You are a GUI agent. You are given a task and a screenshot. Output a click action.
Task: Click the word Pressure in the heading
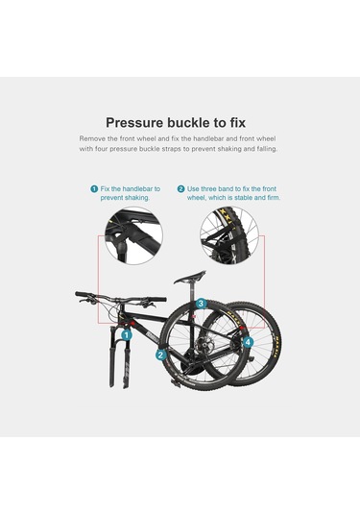pos(134,123)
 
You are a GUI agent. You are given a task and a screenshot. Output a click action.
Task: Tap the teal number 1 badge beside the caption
pos(94,189)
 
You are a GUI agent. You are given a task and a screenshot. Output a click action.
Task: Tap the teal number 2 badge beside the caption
pos(180,189)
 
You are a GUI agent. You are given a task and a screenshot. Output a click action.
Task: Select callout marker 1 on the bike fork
pos(127,335)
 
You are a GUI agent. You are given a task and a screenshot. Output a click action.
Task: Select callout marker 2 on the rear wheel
pos(160,355)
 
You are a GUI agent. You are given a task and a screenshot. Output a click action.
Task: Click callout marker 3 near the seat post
pos(202,304)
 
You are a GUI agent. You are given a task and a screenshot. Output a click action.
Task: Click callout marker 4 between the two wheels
pos(248,343)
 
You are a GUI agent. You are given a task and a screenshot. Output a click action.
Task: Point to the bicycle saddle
pos(190,278)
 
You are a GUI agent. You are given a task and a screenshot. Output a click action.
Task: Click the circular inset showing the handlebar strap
pos(133,235)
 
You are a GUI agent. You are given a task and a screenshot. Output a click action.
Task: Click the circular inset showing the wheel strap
pos(229,235)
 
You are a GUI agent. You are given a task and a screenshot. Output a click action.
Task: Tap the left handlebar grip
pos(83,294)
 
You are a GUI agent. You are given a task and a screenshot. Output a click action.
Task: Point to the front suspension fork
pos(120,355)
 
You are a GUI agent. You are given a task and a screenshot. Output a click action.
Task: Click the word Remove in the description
pos(89,138)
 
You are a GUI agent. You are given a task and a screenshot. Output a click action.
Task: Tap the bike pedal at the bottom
pos(177,383)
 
